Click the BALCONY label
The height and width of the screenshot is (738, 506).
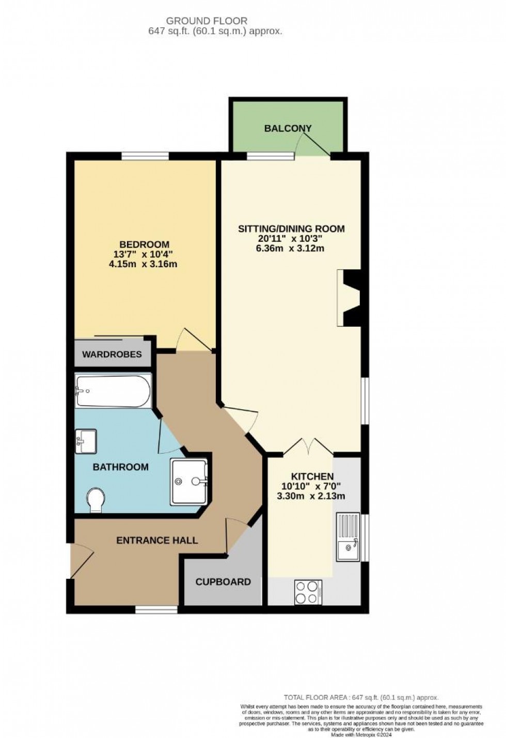pyautogui.click(x=288, y=128)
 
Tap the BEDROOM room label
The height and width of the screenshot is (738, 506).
pyautogui.click(x=144, y=244)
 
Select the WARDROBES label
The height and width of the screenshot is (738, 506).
pyautogui.click(x=112, y=355)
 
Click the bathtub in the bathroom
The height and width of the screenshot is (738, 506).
pyautogui.click(x=113, y=391)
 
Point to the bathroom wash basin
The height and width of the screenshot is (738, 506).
pyautogui.click(x=85, y=441)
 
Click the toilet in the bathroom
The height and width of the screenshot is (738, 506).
pyautogui.click(x=96, y=500)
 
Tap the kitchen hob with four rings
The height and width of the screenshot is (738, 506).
pyautogui.click(x=308, y=592)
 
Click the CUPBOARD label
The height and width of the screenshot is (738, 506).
pyautogui.click(x=223, y=582)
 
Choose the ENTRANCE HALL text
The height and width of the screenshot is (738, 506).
pyautogui.click(x=157, y=541)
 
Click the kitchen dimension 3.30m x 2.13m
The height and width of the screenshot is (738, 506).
pyautogui.click(x=311, y=496)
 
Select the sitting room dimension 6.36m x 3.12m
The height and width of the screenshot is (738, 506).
pyautogui.click(x=291, y=248)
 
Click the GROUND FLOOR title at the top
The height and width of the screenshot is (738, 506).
pyautogui.click(x=207, y=21)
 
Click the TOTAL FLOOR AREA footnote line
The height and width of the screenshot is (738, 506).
pyautogui.click(x=361, y=698)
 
